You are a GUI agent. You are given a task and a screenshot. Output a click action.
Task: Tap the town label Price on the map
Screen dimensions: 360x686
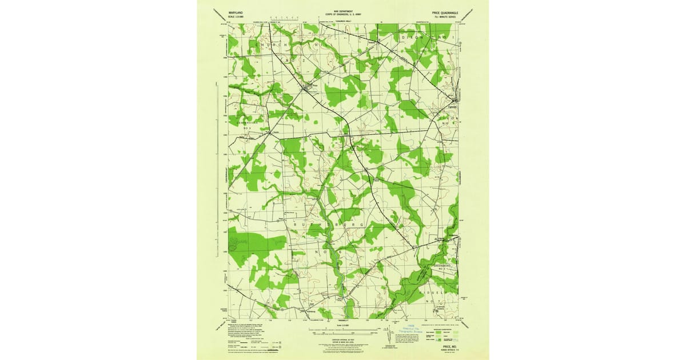click(313, 86)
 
